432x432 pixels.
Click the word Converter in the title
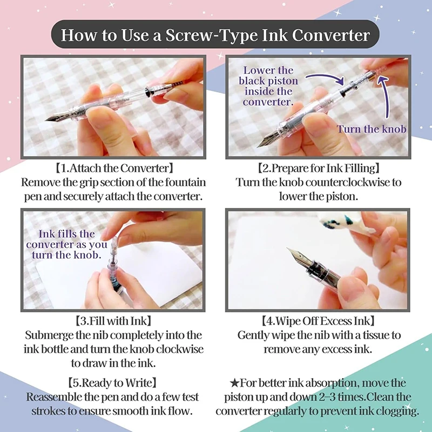(x=330, y=35)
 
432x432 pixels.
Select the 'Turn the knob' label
(x=371, y=129)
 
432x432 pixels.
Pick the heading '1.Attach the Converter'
(x=114, y=168)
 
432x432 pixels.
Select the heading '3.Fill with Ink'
(x=113, y=321)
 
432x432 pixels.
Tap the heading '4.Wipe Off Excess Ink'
(x=318, y=321)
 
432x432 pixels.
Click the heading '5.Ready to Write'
(x=112, y=383)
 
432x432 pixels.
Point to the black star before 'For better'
(x=234, y=383)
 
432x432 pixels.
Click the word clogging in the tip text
(x=397, y=411)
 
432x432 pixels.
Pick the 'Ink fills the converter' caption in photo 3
(x=66, y=245)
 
